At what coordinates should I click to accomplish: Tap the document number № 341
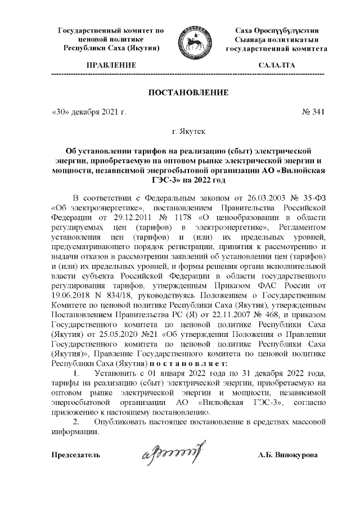(313, 112)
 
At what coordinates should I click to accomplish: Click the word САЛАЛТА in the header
(276, 66)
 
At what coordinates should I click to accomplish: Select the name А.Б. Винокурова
(287, 454)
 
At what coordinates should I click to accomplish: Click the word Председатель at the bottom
(76, 454)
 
